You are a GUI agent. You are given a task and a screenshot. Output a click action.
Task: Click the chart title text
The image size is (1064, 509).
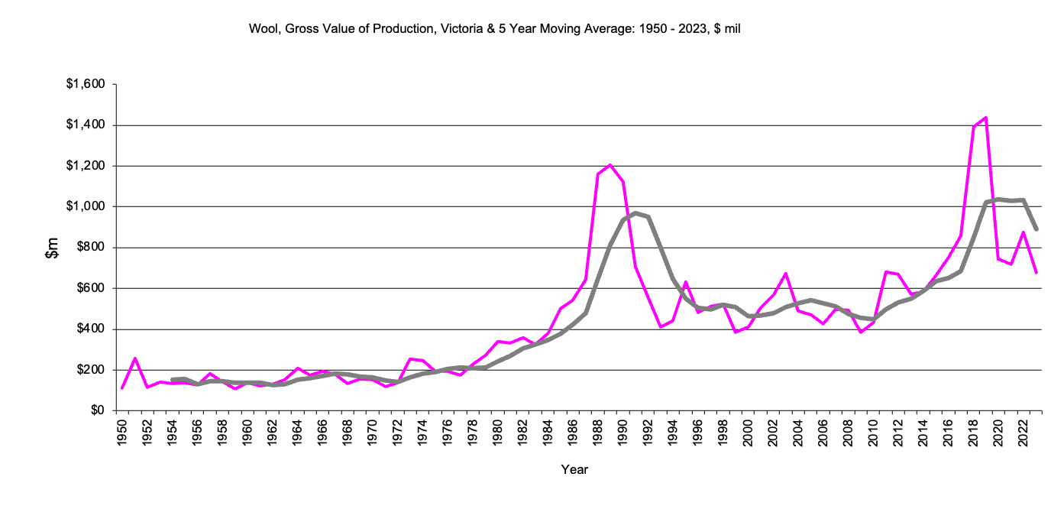click(x=495, y=29)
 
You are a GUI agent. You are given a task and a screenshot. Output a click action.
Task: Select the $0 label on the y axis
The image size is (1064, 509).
click(x=96, y=410)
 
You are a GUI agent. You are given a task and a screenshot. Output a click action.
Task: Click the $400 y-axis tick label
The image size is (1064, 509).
click(x=90, y=329)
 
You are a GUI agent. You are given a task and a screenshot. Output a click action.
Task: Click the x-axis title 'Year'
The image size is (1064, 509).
click(x=574, y=469)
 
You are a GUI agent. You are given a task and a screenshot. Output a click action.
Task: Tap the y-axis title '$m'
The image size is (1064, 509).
click(x=52, y=248)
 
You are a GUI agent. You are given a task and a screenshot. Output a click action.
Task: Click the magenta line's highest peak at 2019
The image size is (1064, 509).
click(x=986, y=118)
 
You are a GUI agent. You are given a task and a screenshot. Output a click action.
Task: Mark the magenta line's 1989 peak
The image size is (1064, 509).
click(x=610, y=164)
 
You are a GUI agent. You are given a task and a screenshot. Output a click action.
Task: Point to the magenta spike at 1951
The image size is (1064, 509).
click(x=134, y=358)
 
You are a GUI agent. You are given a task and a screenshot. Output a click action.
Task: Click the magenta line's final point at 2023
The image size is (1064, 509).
click(x=1036, y=273)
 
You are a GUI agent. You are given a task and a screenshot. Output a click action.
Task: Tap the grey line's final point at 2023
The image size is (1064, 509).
click(x=1036, y=229)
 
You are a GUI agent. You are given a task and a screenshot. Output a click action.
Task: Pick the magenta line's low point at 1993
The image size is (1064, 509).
click(x=660, y=327)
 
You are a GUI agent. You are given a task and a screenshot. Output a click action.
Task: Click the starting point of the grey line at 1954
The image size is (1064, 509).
click(x=173, y=380)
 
